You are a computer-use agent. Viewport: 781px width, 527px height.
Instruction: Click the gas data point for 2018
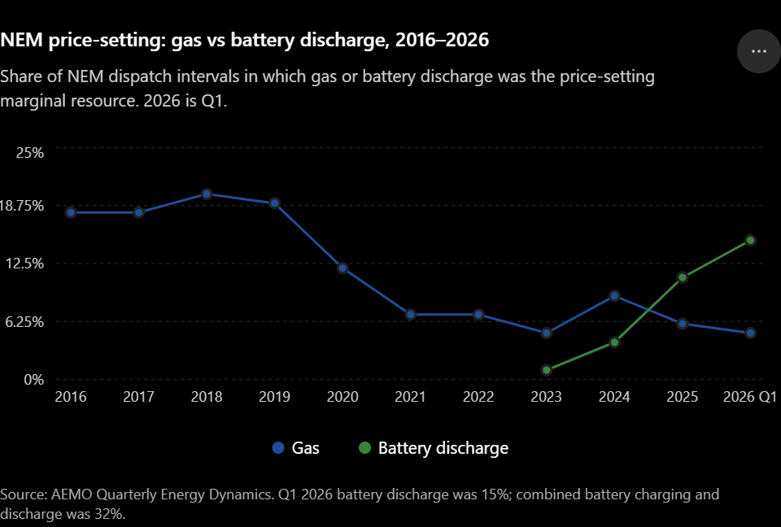tap(207, 194)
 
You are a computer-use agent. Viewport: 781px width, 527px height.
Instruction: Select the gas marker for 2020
tap(343, 268)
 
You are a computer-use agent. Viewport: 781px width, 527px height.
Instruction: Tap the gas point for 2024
tap(614, 296)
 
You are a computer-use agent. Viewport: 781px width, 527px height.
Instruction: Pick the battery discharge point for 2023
tap(547, 370)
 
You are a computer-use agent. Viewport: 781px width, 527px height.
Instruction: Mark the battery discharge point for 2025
tap(683, 277)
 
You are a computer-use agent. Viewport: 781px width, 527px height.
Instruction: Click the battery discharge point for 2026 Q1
tap(750, 241)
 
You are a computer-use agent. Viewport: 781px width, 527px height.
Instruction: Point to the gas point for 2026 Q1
tap(750, 333)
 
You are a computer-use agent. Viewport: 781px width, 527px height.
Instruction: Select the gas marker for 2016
tap(71, 213)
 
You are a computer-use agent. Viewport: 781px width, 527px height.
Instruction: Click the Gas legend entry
tap(296, 448)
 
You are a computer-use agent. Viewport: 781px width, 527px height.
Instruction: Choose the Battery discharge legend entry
tap(434, 448)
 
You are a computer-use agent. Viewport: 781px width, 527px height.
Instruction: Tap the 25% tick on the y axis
tap(30, 152)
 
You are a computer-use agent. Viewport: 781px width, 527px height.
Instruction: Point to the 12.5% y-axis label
tap(25, 263)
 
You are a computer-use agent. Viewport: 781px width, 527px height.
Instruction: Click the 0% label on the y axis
tap(34, 380)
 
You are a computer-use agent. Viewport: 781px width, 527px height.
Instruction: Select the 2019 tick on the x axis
tap(274, 397)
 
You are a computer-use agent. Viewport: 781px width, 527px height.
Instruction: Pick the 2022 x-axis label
tap(478, 397)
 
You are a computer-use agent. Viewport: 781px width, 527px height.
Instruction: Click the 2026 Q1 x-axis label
tap(749, 397)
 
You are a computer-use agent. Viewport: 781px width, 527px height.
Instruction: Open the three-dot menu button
tap(758, 51)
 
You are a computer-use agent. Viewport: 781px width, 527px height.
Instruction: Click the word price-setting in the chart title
tap(109, 40)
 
